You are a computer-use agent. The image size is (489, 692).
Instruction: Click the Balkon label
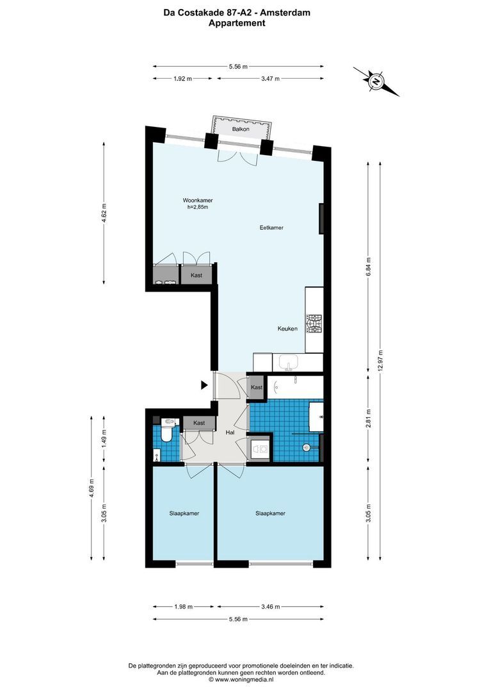point(241,129)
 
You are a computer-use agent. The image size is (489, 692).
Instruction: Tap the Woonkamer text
point(197,199)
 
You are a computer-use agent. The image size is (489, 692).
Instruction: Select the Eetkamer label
point(271,227)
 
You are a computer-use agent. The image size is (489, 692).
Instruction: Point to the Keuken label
point(287,329)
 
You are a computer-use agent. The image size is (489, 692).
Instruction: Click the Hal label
point(230,433)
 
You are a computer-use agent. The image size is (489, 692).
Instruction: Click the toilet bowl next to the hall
point(166,434)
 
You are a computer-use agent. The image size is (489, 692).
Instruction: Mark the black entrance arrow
point(204,385)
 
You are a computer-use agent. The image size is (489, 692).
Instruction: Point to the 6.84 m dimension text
point(367,265)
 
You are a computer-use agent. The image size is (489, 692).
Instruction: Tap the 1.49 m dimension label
point(104,440)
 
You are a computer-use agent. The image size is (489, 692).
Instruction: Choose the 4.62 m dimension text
point(104,213)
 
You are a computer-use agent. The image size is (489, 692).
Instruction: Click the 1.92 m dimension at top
point(183,78)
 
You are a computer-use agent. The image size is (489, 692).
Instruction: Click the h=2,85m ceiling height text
point(198,207)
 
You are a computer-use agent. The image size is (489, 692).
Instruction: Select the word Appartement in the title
point(237,23)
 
